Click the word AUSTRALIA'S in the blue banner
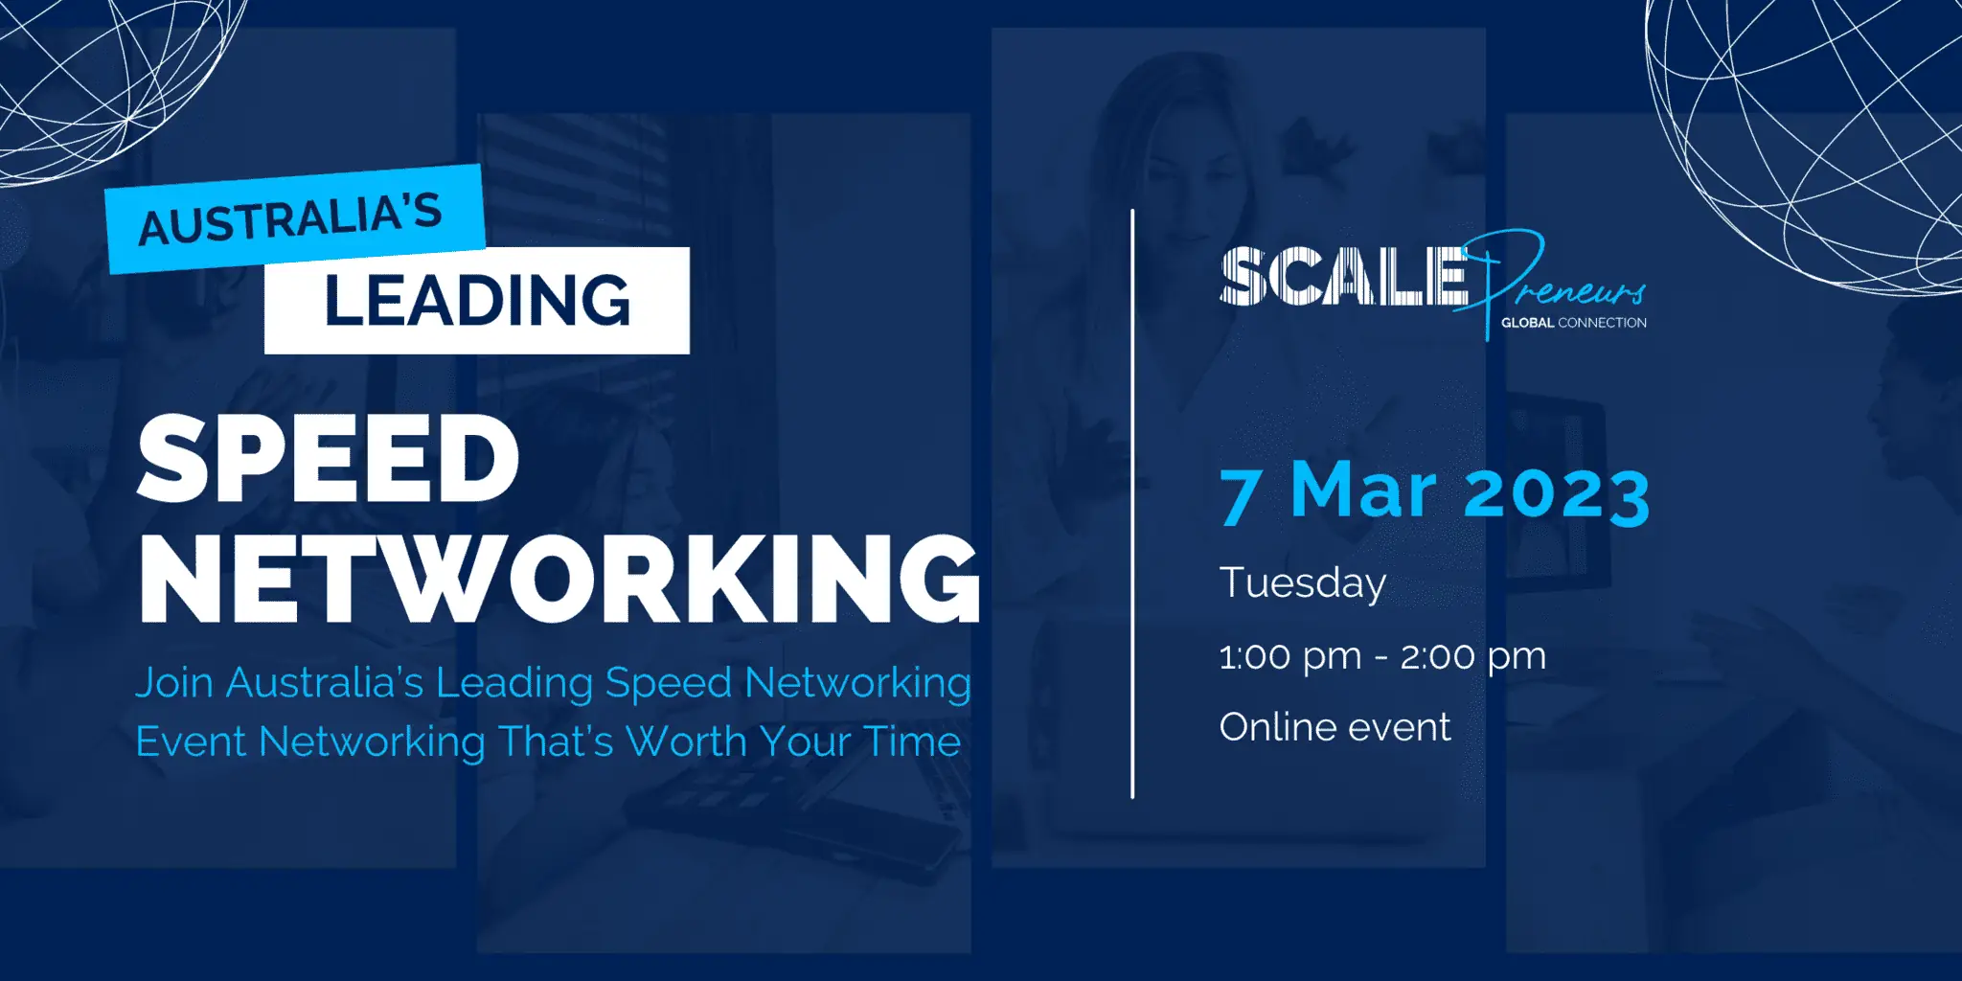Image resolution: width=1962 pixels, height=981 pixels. click(290, 219)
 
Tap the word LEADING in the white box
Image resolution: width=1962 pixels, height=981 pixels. click(478, 300)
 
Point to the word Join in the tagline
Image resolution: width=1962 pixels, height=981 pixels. click(174, 684)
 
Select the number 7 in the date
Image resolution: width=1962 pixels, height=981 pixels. click(1240, 495)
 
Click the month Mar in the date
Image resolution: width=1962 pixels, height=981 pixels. click(1364, 490)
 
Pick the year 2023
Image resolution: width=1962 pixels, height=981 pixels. click(1557, 495)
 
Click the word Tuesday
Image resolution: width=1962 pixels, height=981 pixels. click(1303, 583)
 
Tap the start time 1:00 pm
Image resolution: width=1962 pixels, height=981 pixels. click(1290, 657)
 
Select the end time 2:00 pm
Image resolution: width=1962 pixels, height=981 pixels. click(1473, 657)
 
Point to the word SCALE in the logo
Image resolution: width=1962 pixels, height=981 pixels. click(1344, 277)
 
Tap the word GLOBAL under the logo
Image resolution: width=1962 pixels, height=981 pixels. click(1527, 323)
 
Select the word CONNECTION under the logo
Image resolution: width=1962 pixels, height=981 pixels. click(1603, 323)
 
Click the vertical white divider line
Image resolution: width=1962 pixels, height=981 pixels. click(1132, 504)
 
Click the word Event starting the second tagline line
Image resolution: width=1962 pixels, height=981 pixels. click(191, 741)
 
